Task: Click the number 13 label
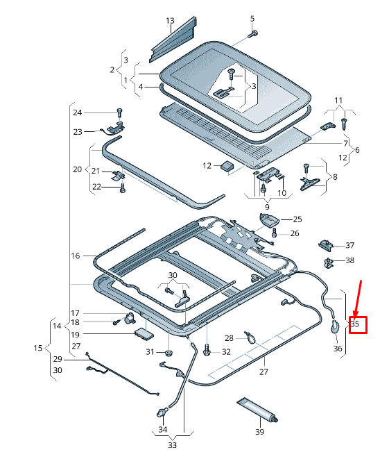click(x=170, y=21)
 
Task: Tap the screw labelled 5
click(x=253, y=34)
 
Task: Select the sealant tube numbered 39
click(x=257, y=410)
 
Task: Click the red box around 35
click(x=358, y=325)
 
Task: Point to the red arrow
click(x=358, y=299)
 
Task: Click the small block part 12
click(x=227, y=166)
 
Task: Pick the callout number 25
click(x=297, y=219)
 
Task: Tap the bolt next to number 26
click(x=275, y=233)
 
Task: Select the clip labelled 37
click(x=326, y=245)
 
